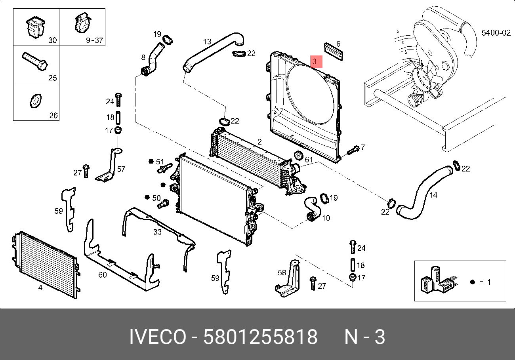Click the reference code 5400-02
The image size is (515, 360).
click(496, 33)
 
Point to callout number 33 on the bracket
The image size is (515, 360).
click(157, 232)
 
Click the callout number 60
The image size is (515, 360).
click(102, 274)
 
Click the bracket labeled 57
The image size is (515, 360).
click(109, 164)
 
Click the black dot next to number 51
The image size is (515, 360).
click(151, 161)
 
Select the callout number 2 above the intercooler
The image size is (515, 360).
click(259, 142)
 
